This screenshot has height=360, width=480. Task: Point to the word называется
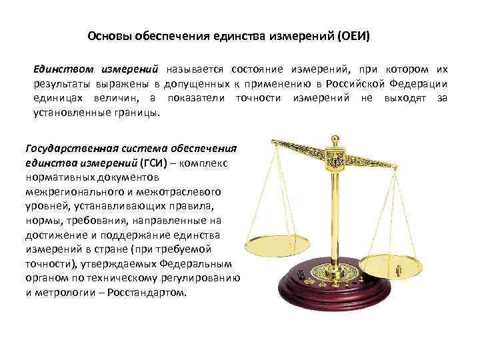[x=195, y=69]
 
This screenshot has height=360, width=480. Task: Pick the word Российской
[x=361, y=84]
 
